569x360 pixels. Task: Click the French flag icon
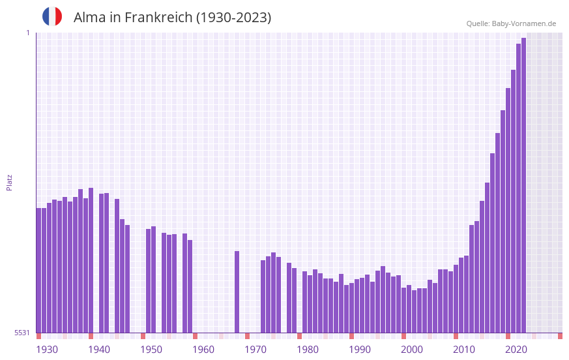coord(52,16)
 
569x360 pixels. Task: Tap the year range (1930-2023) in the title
coord(233,18)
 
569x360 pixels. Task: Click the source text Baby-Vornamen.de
coord(524,23)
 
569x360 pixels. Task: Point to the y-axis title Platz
coord(9,182)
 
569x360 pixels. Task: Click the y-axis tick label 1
coord(27,33)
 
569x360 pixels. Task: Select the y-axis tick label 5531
coord(22,333)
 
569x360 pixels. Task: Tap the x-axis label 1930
coord(47,350)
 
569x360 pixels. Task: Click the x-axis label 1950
coord(151,350)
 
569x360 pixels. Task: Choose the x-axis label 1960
coord(203,350)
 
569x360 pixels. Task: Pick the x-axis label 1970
coord(255,350)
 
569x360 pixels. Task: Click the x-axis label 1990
coord(360,350)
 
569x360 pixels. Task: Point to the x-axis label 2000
coord(412,350)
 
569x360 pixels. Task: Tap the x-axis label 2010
coord(464,350)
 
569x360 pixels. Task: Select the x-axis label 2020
coord(516,350)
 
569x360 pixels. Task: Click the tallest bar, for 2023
coord(523,186)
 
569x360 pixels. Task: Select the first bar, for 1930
coord(38,271)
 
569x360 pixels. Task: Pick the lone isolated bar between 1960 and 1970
coord(237,292)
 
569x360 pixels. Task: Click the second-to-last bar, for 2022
coord(518,189)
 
